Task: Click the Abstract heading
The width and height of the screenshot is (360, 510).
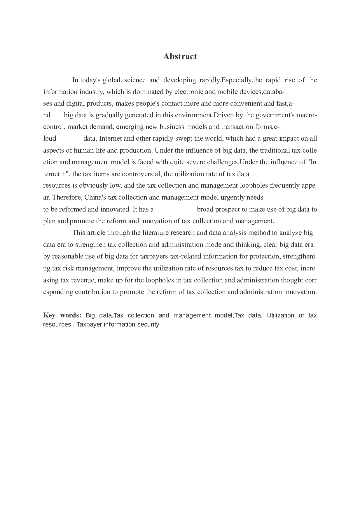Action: click(180, 56)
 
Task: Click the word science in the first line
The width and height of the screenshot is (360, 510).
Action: click(135, 80)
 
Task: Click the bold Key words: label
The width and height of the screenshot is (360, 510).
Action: click(62, 315)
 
